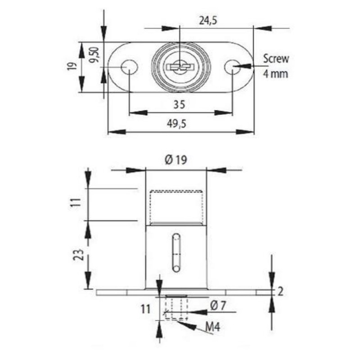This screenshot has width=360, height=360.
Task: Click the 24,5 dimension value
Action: coord(208,21)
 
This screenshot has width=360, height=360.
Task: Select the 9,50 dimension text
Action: coord(94,54)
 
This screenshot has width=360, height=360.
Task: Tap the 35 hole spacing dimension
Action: coord(179,105)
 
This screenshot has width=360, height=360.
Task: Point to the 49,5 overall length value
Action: coord(176,124)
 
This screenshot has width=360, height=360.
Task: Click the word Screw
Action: coord(276,59)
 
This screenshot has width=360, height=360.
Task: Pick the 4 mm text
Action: coord(275,74)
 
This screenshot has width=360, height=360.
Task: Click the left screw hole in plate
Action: coord(130,67)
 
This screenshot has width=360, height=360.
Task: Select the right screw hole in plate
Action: coord(233,67)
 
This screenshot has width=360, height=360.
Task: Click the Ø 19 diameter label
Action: coord(176,160)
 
